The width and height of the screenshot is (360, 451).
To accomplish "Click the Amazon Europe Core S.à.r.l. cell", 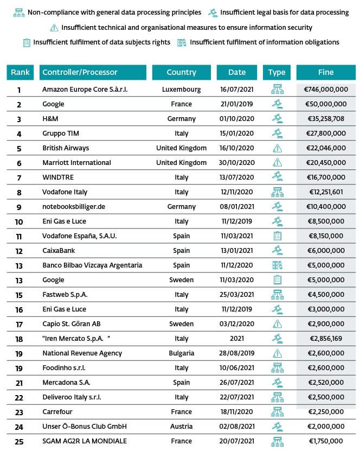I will (85, 90).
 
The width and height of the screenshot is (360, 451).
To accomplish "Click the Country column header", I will (181, 72).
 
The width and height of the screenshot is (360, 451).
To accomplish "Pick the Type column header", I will (277, 72).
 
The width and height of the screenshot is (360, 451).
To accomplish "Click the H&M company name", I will (51, 119).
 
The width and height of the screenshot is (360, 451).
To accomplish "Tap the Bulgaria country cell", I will (181, 353).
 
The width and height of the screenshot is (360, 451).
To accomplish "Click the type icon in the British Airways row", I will (277, 148).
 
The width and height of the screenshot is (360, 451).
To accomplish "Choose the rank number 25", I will (20, 441).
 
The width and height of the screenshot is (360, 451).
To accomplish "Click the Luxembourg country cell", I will (181, 90).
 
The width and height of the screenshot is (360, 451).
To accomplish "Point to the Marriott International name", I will (76, 163).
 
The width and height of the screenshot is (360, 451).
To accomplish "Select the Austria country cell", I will (181, 427).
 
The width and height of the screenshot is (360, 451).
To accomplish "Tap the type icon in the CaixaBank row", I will (277, 251).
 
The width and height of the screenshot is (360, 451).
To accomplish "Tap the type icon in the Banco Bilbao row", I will (277, 265).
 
